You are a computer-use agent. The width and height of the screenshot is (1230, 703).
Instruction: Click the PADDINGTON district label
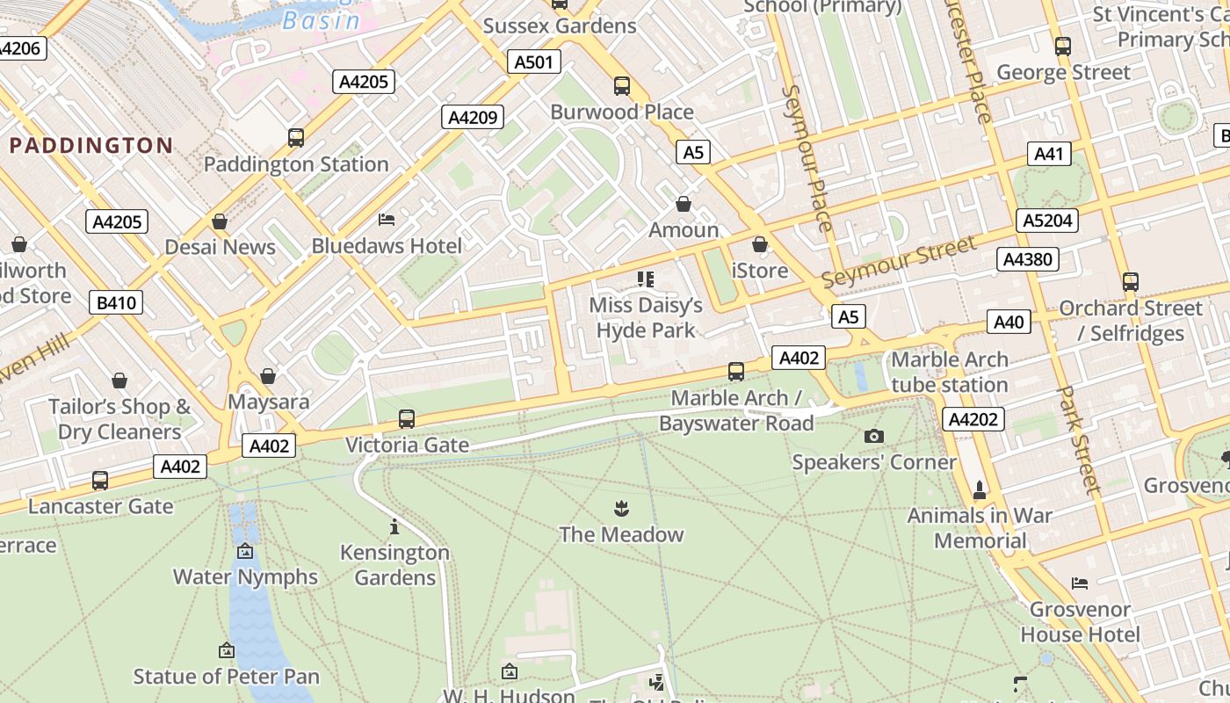tap(90, 146)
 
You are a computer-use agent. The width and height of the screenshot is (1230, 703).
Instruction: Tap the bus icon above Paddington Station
tap(296, 138)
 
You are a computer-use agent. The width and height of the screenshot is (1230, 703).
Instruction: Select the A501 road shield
tap(534, 62)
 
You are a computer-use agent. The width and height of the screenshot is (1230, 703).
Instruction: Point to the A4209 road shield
tap(474, 117)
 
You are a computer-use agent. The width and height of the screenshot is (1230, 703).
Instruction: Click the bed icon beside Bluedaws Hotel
tap(387, 220)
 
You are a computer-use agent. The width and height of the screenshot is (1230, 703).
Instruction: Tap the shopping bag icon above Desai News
tap(220, 221)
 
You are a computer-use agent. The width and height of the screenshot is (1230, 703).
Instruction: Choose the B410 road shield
tap(116, 303)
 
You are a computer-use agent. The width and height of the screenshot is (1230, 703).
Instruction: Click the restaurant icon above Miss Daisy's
tap(646, 279)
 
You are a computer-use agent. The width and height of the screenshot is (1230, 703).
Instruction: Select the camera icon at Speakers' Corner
tap(873, 436)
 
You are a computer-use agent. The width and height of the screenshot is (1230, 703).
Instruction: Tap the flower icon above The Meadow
tap(621, 508)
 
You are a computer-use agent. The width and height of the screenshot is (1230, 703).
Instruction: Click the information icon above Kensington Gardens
tap(394, 526)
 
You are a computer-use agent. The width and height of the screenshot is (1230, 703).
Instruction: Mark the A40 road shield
tap(1008, 322)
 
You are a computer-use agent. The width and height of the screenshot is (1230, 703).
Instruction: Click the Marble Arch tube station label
tap(950, 372)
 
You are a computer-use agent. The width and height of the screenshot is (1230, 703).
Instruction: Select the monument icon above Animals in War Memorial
tap(980, 489)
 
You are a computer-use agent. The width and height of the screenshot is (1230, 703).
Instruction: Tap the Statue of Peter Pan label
tap(227, 677)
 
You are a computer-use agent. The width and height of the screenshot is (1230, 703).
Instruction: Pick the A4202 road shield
tap(973, 419)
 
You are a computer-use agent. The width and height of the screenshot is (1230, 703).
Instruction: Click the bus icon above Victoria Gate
tap(406, 419)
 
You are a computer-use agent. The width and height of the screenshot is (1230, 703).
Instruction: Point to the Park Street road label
tap(1078, 439)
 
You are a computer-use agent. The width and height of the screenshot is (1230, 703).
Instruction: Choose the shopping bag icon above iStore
tap(760, 244)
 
